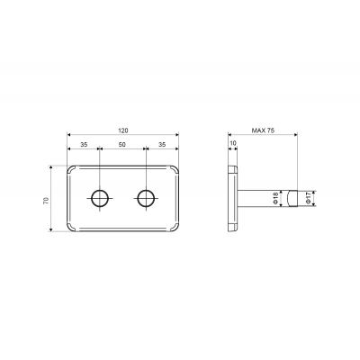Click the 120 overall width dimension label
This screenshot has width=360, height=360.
(123, 130)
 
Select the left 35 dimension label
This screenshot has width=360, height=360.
(84, 144)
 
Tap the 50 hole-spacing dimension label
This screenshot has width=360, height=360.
(121, 144)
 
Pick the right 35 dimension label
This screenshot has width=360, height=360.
(162, 144)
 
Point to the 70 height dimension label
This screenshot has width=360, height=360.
(46, 201)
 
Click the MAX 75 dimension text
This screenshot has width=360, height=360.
(263, 130)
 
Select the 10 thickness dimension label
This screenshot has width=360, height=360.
(233, 143)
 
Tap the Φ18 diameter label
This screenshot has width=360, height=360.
(276, 198)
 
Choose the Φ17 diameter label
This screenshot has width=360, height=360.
(307, 198)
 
